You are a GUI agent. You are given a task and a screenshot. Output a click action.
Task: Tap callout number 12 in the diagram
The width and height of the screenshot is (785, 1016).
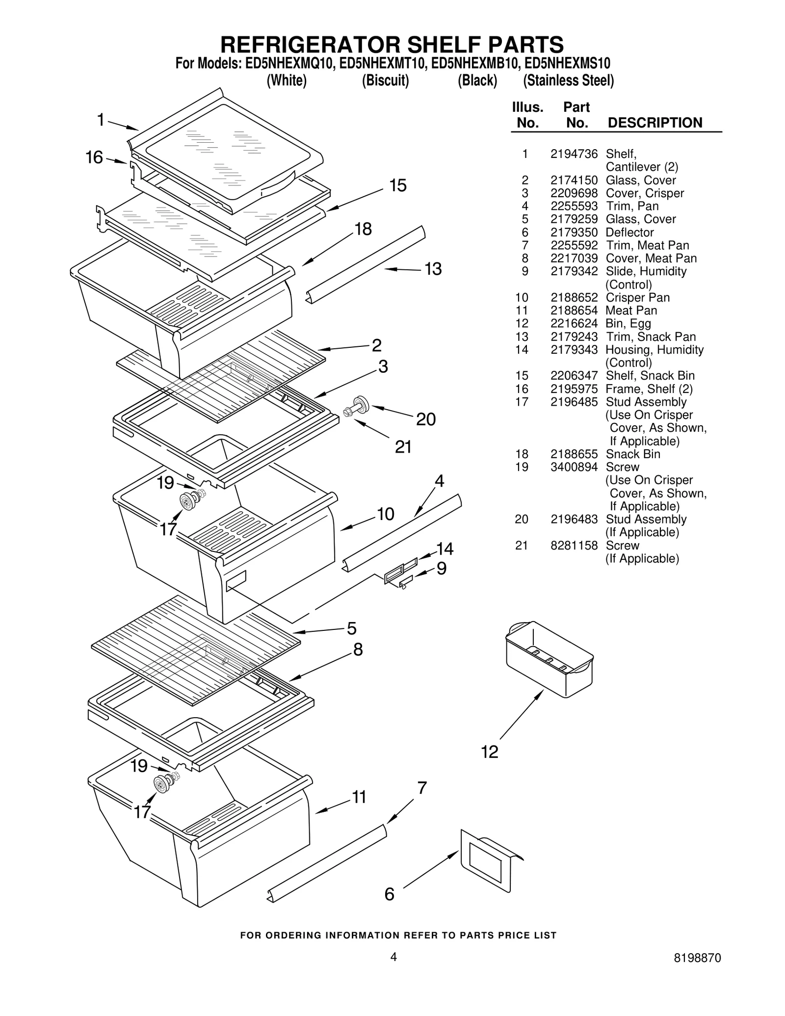tap(490, 752)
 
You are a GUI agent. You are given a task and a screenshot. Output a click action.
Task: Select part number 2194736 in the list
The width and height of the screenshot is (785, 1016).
tap(574, 154)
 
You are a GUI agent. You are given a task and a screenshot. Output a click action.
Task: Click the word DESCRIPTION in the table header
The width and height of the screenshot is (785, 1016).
tap(654, 123)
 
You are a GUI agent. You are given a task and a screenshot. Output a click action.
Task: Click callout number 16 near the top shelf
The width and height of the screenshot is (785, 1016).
tap(94, 157)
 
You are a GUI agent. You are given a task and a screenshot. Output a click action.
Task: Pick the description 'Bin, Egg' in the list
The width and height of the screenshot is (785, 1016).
tap(628, 323)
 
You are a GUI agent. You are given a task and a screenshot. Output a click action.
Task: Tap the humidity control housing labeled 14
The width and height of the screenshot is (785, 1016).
tap(410, 561)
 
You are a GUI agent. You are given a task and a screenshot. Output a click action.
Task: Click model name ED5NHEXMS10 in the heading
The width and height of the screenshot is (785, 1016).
tap(567, 64)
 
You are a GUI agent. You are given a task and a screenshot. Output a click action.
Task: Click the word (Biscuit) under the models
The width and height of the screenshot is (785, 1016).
tap(385, 80)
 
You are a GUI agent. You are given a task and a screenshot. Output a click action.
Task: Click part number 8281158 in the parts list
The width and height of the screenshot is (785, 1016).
tap(574, 546)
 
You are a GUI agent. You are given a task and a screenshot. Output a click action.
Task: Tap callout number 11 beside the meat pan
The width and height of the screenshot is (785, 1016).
tap(359, 797)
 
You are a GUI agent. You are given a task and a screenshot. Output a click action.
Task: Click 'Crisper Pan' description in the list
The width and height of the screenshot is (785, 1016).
tap(637, 297)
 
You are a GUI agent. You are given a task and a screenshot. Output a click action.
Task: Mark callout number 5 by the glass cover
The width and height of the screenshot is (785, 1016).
tap(351, 628)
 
